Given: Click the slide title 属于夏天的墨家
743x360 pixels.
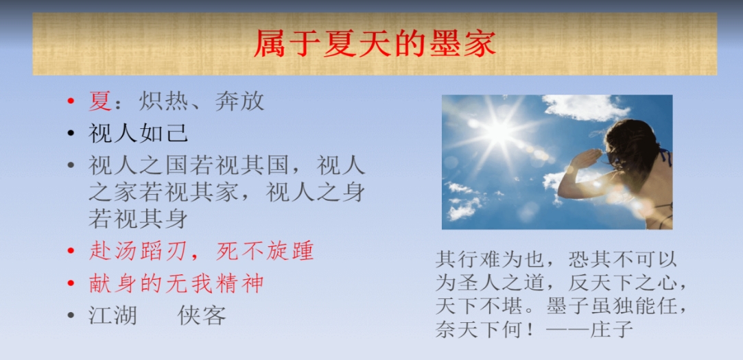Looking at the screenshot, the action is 375,44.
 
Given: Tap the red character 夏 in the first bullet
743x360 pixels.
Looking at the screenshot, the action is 100,101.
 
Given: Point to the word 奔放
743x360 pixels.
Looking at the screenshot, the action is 240,101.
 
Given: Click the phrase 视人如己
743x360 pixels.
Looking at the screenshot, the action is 138,133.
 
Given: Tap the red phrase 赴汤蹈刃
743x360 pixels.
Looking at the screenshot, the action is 139,252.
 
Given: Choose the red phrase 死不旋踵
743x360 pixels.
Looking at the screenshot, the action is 266,252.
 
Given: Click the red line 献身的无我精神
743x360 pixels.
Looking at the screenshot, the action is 176,283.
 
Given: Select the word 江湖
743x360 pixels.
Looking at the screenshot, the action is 113,315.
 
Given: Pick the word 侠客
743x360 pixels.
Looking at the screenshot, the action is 202,315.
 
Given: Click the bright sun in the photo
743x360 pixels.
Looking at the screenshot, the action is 497,132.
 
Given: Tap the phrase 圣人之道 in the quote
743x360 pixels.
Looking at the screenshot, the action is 501,284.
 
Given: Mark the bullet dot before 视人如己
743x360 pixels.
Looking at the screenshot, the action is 71,134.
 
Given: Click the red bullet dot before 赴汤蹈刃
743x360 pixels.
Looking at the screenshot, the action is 71,252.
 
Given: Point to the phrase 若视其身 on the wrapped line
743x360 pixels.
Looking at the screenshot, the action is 138,219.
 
